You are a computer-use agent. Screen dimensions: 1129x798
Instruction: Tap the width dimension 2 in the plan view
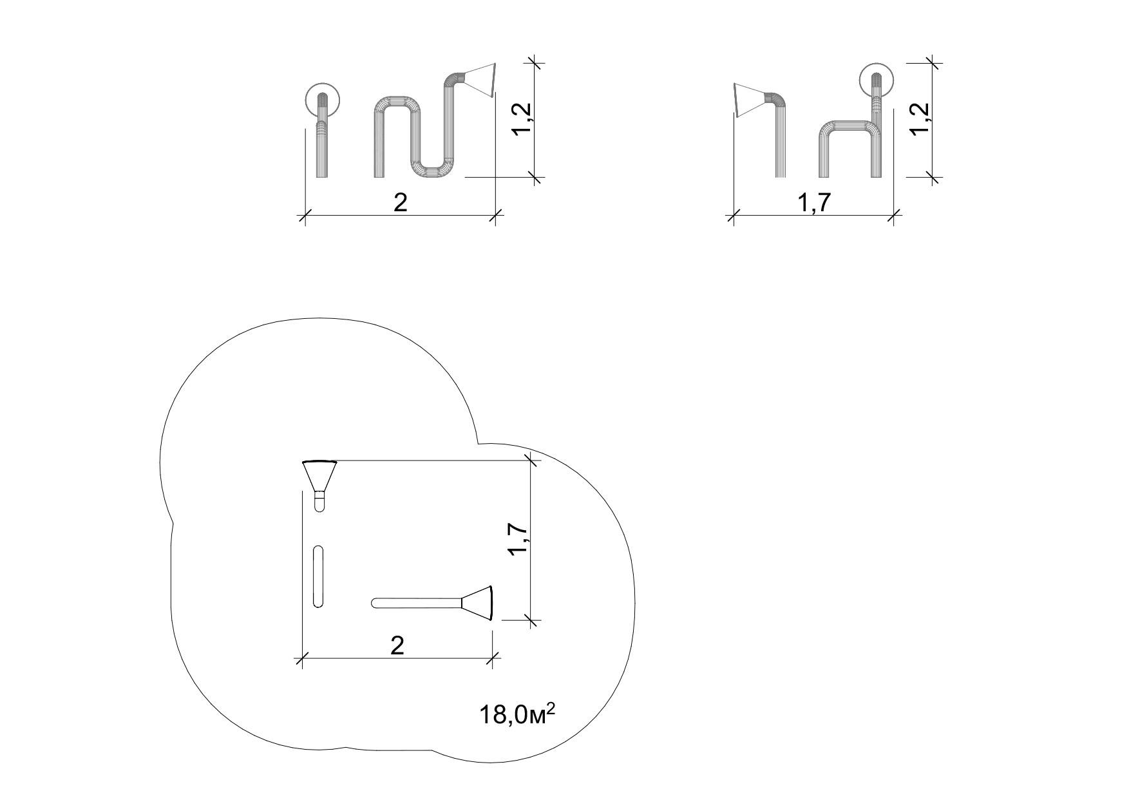click(397, 645)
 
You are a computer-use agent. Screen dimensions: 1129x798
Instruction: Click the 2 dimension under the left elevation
click(401, 202)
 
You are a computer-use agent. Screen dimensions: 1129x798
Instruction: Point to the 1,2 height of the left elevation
click(522, 120)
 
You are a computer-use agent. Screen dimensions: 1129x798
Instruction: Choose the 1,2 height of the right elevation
click(921, 119)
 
